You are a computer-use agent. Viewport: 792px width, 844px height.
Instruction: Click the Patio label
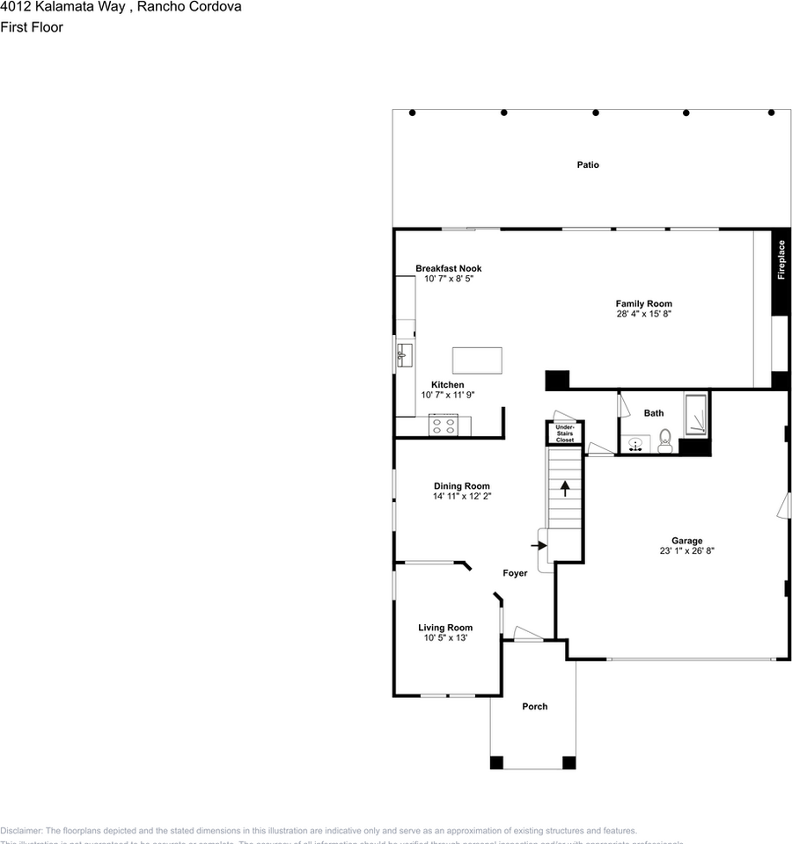[588, 165]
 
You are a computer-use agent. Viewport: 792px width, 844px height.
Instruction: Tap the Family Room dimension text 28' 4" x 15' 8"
[644, 314]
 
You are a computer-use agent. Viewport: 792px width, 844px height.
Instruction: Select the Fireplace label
[781, 261]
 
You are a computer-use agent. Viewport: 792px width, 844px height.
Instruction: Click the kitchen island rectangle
[477, 360]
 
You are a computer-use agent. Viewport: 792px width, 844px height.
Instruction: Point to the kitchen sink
[405, 354]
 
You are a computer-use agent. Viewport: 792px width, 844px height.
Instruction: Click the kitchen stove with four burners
[443, 426]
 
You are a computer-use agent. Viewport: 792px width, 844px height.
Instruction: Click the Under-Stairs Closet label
[564, 433]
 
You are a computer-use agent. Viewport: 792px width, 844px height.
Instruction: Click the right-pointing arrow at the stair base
[539, 545]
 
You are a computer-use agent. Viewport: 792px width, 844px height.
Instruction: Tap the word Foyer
[515, 573]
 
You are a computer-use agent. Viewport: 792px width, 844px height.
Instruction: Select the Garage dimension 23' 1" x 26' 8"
[687, 551]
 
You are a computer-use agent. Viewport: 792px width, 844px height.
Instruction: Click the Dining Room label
[461, 486]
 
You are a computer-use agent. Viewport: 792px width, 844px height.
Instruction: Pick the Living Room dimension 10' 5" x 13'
[445, 638]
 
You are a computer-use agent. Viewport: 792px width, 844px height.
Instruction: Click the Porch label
[534, 707]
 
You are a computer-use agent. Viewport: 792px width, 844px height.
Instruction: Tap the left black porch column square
[497, 762]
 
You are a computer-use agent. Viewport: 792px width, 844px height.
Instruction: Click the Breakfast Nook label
[449, 269]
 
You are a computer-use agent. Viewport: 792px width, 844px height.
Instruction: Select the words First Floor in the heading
[32, 27]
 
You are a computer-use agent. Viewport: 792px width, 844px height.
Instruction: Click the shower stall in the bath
[696, 415]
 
